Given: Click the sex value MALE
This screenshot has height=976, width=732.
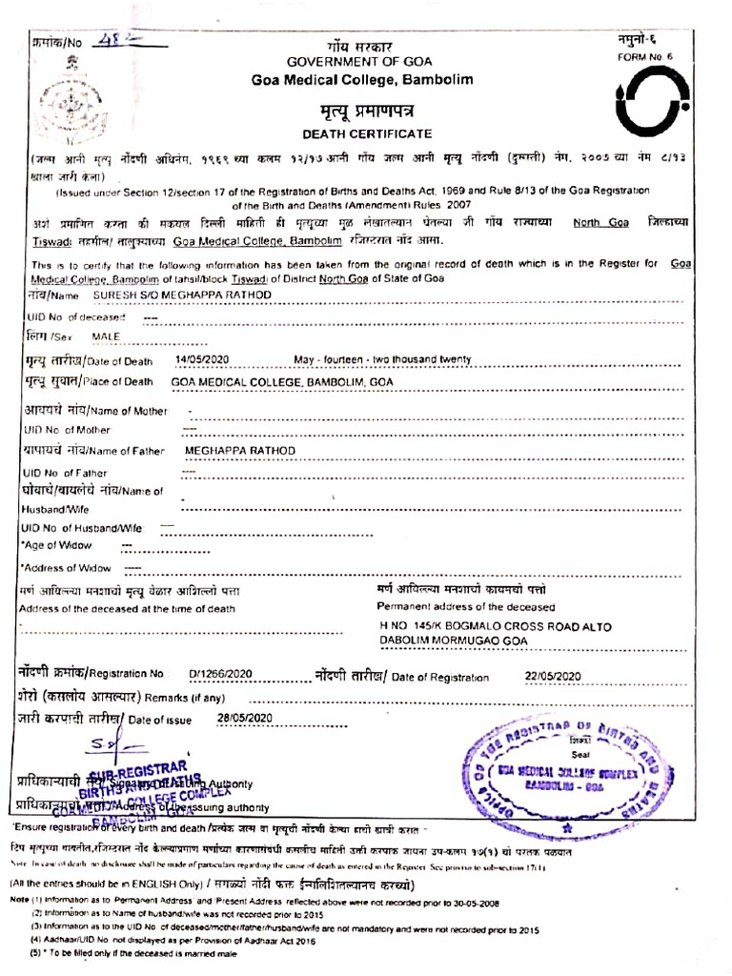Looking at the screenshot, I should tap(107, 336).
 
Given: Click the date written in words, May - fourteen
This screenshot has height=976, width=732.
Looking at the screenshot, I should tap(383, 359).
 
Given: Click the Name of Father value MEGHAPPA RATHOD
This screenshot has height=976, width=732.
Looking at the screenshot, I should tap(240, 450).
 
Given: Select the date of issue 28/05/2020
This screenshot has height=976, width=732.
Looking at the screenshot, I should tap(245, 717).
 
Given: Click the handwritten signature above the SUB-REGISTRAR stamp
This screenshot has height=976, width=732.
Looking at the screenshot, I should tap(124, 742).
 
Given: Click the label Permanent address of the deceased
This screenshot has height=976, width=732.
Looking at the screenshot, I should tap(465, 606).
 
